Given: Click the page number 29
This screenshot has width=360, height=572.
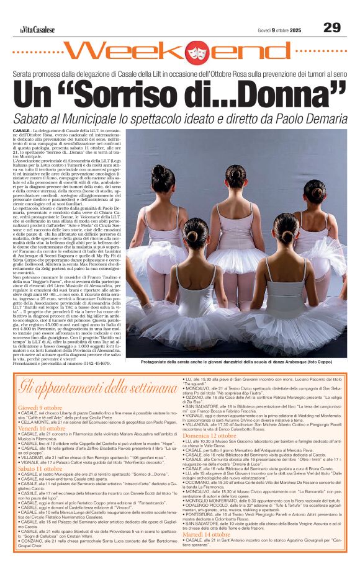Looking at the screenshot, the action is click(331, 27).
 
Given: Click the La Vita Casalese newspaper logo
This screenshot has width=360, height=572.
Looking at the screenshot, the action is click(37, 29).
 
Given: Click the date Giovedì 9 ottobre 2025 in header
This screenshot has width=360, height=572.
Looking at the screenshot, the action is click(279, 30).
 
